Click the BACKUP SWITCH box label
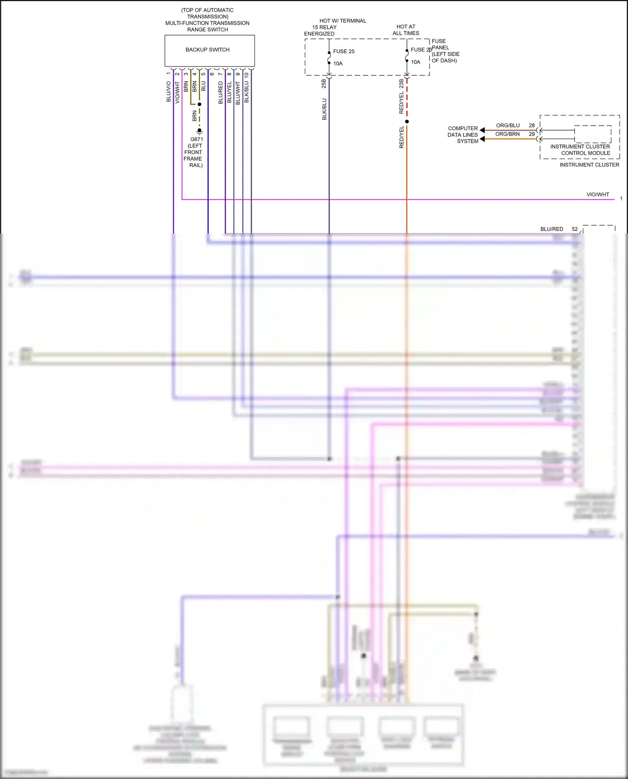point(207,50)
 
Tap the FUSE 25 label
point(344,51)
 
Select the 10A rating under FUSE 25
point(338,64)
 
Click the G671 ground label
point(196,139)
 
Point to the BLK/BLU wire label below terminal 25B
point(324,109)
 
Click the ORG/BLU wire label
point(508,126)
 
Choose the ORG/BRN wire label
point(507,134)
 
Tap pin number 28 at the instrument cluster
point(532,126)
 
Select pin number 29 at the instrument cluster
point(532,134)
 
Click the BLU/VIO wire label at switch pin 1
point(169,92)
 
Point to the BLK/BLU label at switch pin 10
point(247,92)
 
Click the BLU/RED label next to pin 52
point(551,229)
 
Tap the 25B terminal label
point(324,83)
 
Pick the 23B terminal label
point(402,83)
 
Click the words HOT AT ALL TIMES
point(406,30)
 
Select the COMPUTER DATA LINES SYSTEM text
point(463,135)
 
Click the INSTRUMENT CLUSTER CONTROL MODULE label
point(580,150)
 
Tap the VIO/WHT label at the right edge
point(597,195)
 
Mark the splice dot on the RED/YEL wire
point(407,122)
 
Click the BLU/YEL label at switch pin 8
point(229,93)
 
